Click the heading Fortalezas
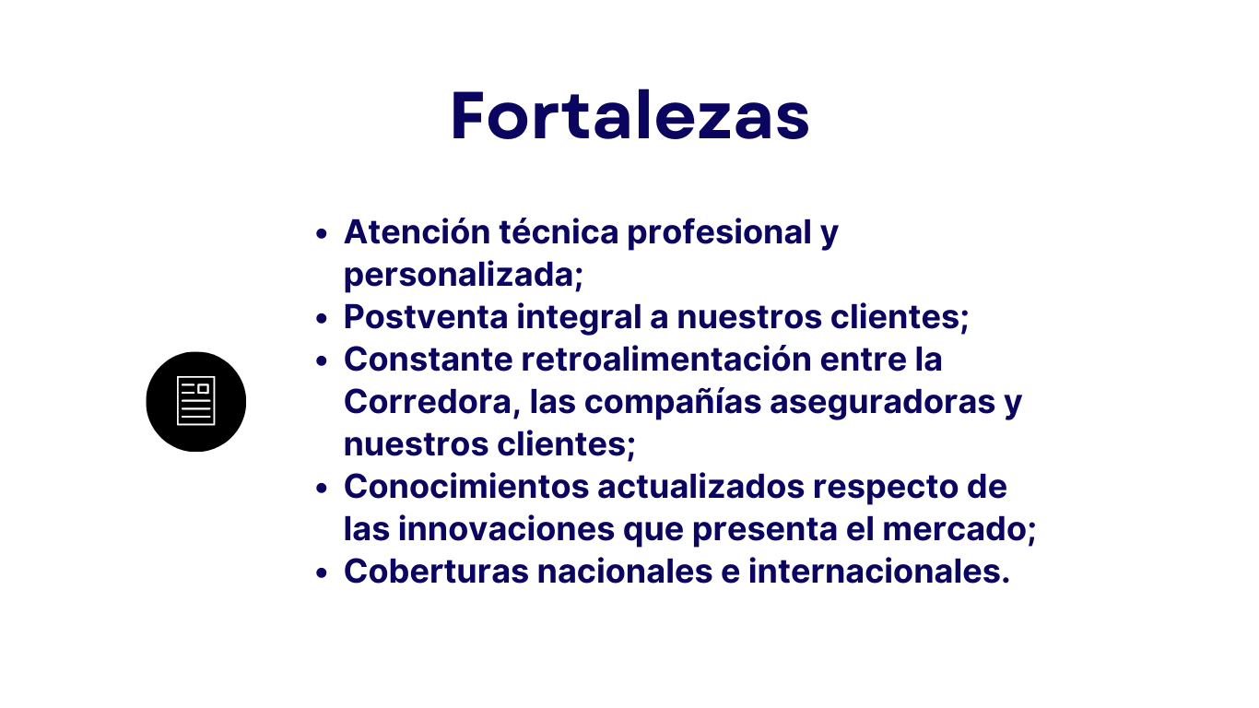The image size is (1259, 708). pyautogui.click(x=629, y=115)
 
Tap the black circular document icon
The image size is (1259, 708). pyautogui.click(x=196, y=402)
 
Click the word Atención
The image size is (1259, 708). pyautogui.click(x=417, y=231)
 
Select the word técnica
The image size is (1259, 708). pyautogui.click(x=559, y=231)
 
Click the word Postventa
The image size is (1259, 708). pyautogui.click(x=426, y=316)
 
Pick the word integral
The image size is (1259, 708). pyautogui.click(x=579, y=318)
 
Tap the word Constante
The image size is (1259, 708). pyautogui.click(x=429, y=360)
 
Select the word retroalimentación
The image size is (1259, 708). pyautogui.click(x=666, y=360)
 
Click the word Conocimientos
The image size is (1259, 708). pyautogui.click(x=466, y=487)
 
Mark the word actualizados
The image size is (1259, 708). pyautogui.click(x=700, y=487)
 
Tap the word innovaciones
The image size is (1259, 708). pyautogui.click(x=506, y=529)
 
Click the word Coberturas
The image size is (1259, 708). pyautogui.click(x=436, y=572)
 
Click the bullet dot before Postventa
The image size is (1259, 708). pyautogui.click(x=322, y=319)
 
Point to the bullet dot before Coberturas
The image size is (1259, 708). pyautogui.click(x=322, y=573)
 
